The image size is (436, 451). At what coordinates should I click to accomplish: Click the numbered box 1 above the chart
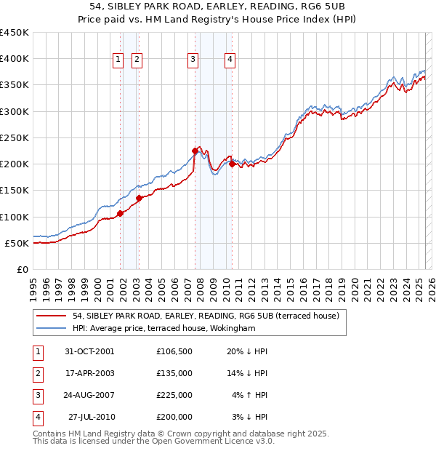tap(118, 60)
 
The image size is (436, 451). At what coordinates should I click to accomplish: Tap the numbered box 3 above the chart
tap(193, 60)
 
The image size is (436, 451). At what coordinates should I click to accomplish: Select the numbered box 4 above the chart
tap(230, 60)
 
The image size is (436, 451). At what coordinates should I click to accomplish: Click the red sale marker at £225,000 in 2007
tap(195, 151)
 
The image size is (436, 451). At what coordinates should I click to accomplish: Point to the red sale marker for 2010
tap(232, 164)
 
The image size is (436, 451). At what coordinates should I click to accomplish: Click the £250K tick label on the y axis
tap(15, 137)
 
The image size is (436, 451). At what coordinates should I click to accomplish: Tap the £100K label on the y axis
tap(15, 217)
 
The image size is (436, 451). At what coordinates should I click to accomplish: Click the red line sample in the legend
tap(52, 316)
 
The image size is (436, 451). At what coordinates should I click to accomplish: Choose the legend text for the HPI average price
tap(164, 329)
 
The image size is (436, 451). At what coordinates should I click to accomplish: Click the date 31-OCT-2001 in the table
tap(89, 351)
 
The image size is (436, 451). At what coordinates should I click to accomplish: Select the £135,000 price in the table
tap(174, 373)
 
